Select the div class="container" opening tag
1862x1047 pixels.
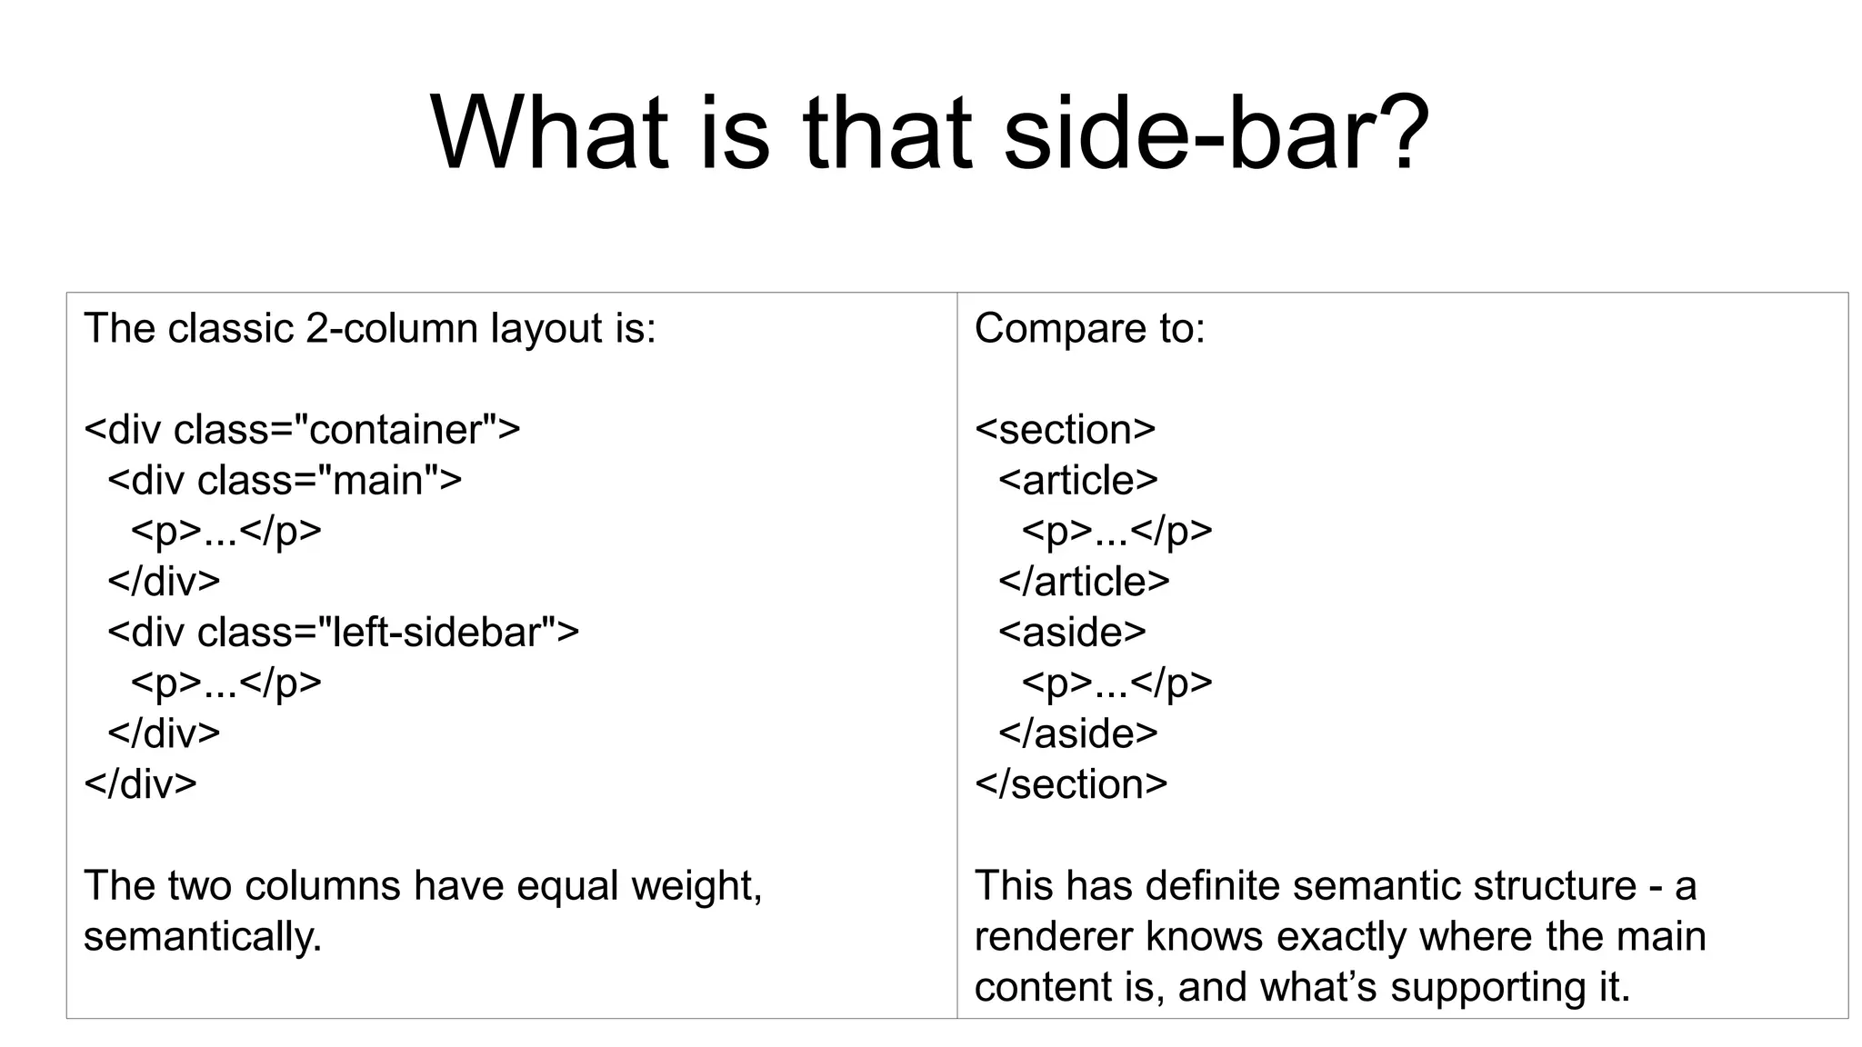click(x=302, y=430)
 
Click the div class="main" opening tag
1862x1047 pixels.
click(x=285, y=481)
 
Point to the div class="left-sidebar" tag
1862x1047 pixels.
click(x=343, y=633)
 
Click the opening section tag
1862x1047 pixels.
click(x=1065, y=430)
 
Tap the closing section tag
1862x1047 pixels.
click(x=1071, y=784)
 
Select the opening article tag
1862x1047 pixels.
click(x=1078, y=481)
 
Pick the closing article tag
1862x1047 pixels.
click(x=1084, y=582)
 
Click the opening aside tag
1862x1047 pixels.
click(x=1072, y=633)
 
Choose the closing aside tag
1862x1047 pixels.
click(x=1078, y=733)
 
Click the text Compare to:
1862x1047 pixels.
click(x=1089, y=328)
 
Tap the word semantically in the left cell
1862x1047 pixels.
click(x=202, y=937)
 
